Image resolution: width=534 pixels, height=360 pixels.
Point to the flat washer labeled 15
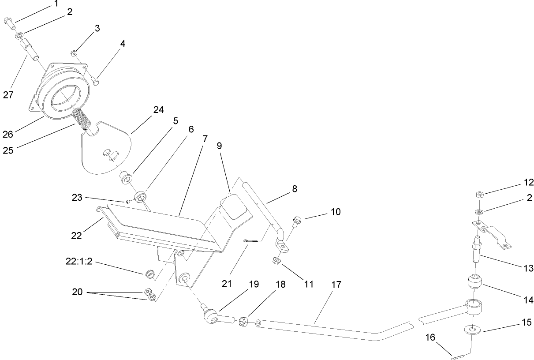[472, 330]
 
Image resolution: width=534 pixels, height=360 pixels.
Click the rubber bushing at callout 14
[474, 282]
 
